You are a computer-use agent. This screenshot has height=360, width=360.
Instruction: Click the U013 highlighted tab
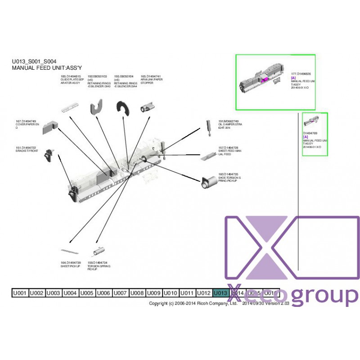pos(220,293)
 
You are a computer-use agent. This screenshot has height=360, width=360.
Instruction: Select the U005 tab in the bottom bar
pos(87,293)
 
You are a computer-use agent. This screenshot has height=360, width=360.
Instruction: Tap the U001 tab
pos(20,293)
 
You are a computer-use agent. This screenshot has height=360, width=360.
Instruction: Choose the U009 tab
pos(154,293)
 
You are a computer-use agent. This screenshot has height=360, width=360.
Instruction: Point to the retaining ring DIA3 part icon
pos(98,108)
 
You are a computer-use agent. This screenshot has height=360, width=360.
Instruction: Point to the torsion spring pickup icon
pos(98,250)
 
